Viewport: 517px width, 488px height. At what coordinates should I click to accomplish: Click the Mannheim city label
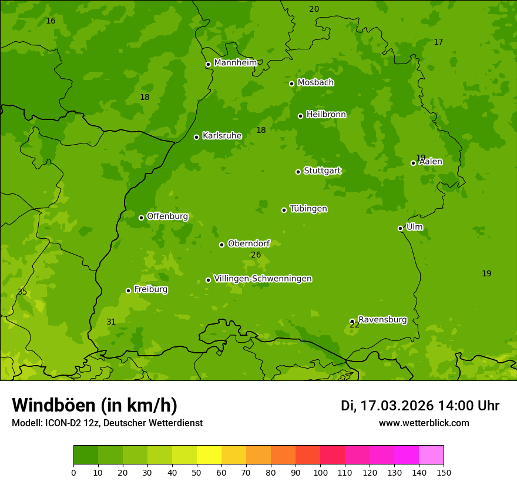(235, 63)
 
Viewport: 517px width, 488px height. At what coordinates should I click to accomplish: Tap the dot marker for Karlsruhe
(196, 137)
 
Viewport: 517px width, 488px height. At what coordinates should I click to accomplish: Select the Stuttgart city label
(322, 171)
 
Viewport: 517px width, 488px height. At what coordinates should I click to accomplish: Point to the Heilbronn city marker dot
(300, 116)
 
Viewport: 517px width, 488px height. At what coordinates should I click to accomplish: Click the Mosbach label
(315, 83)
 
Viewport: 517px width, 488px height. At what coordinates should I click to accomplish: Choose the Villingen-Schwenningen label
(263, 279)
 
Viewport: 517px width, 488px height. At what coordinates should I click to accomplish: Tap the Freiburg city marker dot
(128, 290)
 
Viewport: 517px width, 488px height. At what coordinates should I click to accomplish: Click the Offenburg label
(167, 216)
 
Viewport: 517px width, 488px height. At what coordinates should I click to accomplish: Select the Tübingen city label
(308, 209)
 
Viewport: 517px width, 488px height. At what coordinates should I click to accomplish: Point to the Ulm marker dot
(400, 228)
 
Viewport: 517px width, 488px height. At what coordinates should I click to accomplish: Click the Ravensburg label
(382, 320)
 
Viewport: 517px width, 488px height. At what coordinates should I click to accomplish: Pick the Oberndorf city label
(249, 243)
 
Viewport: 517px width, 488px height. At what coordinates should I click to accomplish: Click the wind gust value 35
(22, 292)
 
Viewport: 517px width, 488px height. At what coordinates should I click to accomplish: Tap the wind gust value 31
(111, 322)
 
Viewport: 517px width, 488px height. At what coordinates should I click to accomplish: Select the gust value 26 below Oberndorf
(256, 255)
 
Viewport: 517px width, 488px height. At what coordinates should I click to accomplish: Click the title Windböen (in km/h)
(95, 405)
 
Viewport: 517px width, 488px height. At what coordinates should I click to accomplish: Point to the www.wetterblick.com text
(424, 423)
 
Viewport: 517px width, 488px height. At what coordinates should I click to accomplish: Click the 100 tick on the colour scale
(320, 472)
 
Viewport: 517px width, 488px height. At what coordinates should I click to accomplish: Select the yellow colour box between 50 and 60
(209, 455)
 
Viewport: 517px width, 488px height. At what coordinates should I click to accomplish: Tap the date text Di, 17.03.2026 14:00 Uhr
(420, 406)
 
